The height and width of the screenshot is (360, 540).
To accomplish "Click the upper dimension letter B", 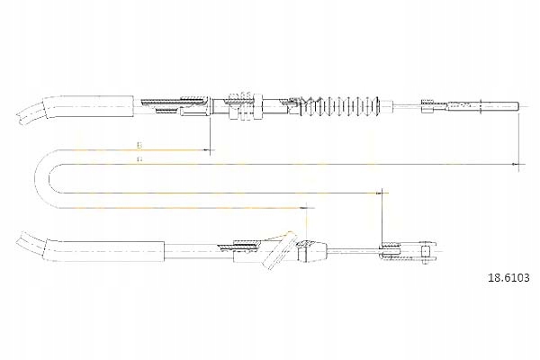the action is [x=139, y=144].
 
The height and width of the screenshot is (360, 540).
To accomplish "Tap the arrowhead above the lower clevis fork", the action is [x=384, y=193].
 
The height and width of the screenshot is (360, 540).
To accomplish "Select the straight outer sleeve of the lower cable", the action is [x=108, y=251].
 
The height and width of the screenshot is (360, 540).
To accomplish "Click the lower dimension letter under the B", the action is [x=139, y=159].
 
